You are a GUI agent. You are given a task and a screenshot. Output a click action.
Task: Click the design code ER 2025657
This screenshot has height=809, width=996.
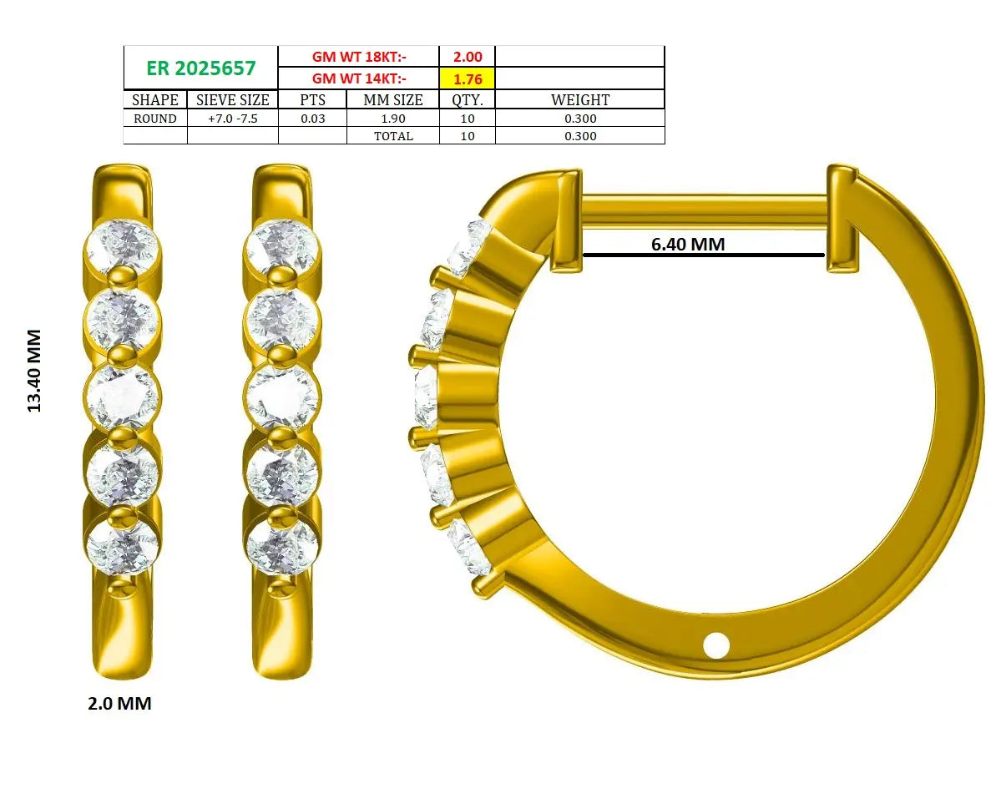pos(200,68)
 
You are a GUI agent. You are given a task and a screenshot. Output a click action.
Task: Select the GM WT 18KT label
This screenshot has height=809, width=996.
pos(359,57)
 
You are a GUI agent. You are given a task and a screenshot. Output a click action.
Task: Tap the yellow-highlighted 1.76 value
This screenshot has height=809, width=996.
pos(468,79)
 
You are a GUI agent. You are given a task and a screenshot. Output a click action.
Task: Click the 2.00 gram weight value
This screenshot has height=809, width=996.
pos(468,57)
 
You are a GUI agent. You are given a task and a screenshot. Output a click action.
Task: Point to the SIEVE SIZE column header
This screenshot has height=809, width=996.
pos(232,99)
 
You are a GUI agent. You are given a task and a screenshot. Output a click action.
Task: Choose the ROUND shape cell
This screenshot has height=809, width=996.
pos(155,119)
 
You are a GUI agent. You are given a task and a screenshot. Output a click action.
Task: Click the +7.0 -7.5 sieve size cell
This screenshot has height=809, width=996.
pos(232,119)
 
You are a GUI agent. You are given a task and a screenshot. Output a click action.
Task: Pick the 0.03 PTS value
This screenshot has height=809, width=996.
pos(312,119)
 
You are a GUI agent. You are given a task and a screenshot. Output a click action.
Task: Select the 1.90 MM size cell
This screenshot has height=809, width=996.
pos(393,119)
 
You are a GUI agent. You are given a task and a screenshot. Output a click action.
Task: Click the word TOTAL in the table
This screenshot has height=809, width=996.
pos(393,136)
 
